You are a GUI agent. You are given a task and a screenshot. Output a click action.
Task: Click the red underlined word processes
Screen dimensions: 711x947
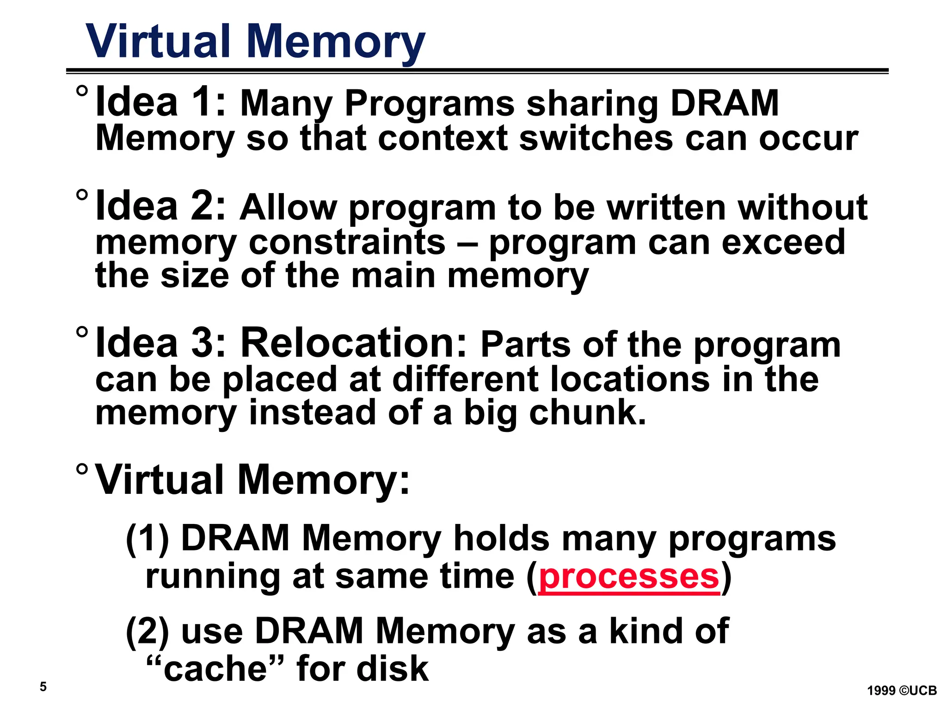tap(629, 576)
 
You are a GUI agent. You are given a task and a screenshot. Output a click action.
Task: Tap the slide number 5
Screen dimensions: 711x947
tap(43, 686)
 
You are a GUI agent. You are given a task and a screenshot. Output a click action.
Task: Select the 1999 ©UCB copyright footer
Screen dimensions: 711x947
tap(902, 691)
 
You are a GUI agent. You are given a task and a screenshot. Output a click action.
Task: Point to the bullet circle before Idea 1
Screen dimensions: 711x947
tap(82, 91)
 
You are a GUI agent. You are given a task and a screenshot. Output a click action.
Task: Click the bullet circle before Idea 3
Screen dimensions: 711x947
tap(82, 332)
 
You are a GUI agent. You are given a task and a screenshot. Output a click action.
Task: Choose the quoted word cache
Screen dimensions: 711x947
tap(215, 668)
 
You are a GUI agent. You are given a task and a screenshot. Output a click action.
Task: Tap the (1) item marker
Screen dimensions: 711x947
tap(148, 539)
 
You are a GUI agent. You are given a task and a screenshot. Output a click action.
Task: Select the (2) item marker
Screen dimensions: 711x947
tap(148, 631)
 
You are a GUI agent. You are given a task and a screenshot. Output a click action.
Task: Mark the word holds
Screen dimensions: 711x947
tap(502, 538)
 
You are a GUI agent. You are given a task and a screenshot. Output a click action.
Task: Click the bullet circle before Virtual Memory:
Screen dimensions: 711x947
tap(82, 469)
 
